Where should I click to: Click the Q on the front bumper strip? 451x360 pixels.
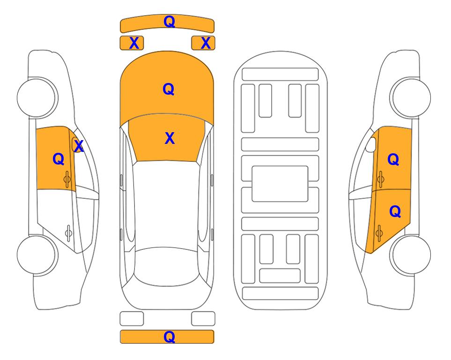169,21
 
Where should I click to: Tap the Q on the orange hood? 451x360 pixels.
168,89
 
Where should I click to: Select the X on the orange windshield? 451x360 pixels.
170,138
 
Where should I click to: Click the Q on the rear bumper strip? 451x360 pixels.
169,337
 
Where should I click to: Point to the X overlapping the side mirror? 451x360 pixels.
78,146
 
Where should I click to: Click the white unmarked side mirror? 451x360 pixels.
371,144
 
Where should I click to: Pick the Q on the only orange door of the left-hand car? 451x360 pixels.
59,159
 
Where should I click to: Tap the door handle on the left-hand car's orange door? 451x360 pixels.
67,180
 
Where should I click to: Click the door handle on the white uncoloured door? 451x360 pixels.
68,233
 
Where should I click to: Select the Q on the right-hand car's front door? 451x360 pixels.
393,159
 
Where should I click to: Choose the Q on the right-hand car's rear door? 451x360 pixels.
395,212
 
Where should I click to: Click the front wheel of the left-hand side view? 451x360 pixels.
37,97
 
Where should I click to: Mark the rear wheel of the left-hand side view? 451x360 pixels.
37,255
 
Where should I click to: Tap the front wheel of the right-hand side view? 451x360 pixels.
410,97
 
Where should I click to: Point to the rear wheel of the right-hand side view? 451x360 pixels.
410,255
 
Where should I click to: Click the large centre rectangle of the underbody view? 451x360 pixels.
280,184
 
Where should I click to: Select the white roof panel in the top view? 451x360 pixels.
166,205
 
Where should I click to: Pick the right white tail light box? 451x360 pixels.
203,319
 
